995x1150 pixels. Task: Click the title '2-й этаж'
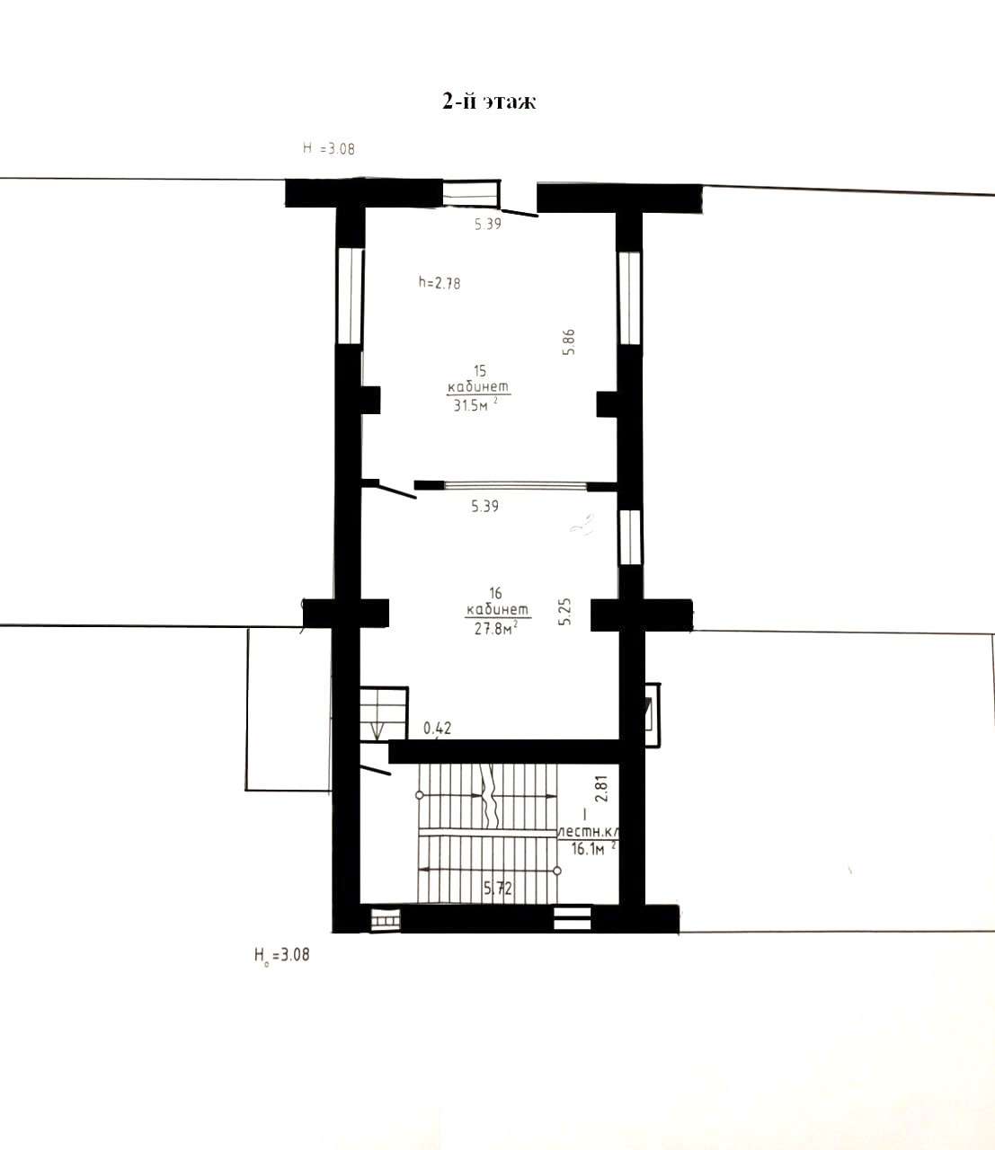pyautogui.click(x=489, y=102)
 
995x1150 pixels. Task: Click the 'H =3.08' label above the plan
pyautogui.click(x=329, y=148)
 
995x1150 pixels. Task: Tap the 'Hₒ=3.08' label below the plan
pyautogui.click(x=281, y=955)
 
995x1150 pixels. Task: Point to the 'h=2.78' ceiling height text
pyautogui.click(x=440, y=283)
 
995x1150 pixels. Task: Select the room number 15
pyautogui.click(x=480, y=370)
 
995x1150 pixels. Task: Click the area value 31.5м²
pyautogui.click(x=475, y=405)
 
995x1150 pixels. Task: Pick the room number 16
pyautogui.click(x=495, y=593)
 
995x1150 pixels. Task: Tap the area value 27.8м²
pyautogui.click(x=496, y=628)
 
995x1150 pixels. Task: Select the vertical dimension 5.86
pyautogui.click(x=568, y=342)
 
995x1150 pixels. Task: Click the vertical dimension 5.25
pyautogui.click(x=564, y=612)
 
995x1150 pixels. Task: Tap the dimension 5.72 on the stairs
pyautogui.click(x=498, y=889)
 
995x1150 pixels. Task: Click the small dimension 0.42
pyautogui.click(x=438, y=728)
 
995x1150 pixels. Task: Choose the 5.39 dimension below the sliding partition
pyautogui.click(x=484, y=507)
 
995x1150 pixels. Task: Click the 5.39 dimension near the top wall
pyautogui.click(x=488, y=224)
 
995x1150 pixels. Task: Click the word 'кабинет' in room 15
pyautogui.click(x=478, y=386)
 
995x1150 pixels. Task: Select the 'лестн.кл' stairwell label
pyautogui.click(x=588, y=832)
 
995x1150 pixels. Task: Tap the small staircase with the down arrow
pyautogui.click(x=384, y=713)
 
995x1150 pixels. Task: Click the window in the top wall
pyautogui.click(x=471, y=193)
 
